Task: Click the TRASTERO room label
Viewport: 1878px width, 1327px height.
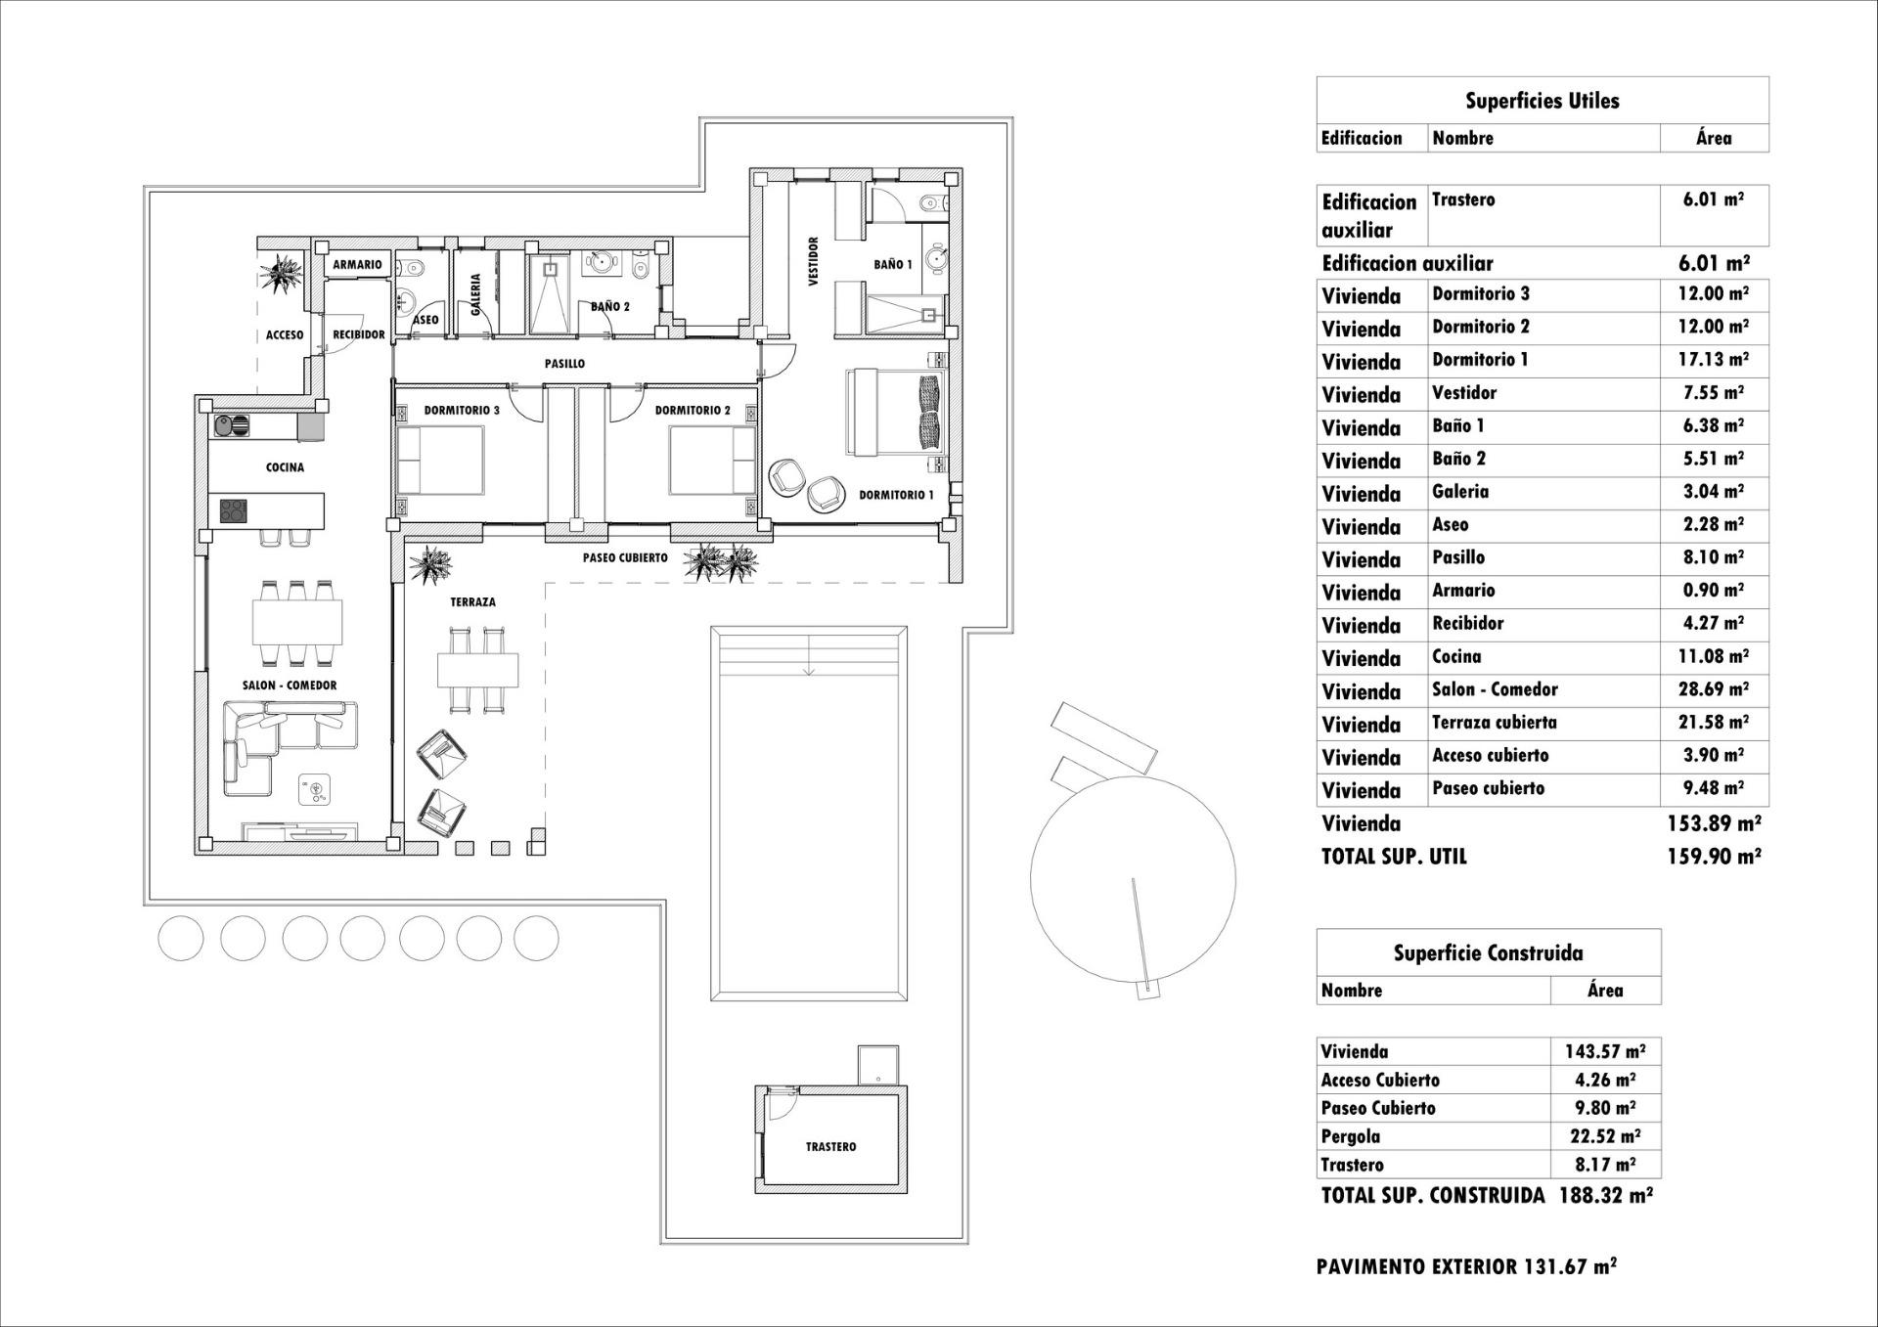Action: pyautogui.click(x=830, y=1146)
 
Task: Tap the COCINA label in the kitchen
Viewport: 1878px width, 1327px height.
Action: pyautogui.click(x=285, y=467)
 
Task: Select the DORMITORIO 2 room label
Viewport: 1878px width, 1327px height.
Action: pyautogui.click(x=693, y=411)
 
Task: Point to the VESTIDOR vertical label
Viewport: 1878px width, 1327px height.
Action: pyautogui.click(x=814, y=261)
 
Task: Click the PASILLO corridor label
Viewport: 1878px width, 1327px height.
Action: pyautogui.click(x=564, y=364)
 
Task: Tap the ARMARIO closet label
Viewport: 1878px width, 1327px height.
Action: pyautogui.click(x=357, y=265)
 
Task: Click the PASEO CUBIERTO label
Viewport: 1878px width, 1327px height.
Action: pyautogui.click(x=625, y=557)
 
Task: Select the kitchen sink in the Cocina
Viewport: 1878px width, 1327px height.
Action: pyautogui.click(x=231, y=425)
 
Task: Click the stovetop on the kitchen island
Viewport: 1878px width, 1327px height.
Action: pyautogui.click(x=233, y=510)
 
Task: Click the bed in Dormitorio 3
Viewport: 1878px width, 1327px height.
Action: pyautogui.click(x=440, y=461)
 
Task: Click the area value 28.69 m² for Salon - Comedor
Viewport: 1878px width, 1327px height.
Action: pyautogui.click(x=1714, y=689)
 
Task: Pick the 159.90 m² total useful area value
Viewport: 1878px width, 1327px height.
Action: pyautogui.click(x=1714, y=857)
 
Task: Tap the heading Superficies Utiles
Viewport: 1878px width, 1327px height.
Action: pyautogui.click(x=1542, y=101)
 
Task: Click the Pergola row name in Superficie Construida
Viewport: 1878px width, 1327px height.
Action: pyautogui.click(x=1350, y=1136)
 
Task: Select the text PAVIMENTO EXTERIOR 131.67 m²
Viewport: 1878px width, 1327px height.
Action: pyautogui.click(x=1466, y=1266)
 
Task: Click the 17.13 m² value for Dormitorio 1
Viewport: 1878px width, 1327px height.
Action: pyautogui.click(x=1714, y=360)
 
